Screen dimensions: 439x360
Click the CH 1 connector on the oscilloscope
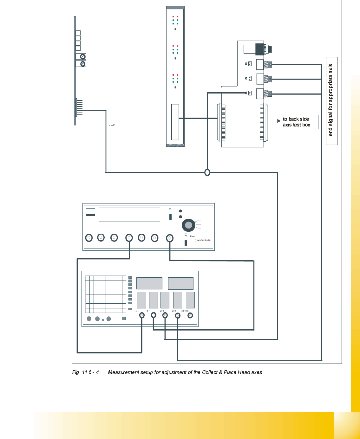[x=142, y=315]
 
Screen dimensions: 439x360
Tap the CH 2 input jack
[x=154, y=315]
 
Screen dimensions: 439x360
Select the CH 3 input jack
[x=165, y=315]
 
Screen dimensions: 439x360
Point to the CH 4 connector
[x=178, y=315]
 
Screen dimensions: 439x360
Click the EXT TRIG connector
[x=190, y=315]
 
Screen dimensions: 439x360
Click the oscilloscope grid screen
[x=106, y=294]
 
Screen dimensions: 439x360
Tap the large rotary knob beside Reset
[x=188, y=225]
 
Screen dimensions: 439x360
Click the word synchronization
[x=204, y=240]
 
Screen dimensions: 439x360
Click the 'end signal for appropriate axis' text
[x=331, y=100]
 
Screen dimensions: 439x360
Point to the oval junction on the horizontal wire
[x=207, y=172]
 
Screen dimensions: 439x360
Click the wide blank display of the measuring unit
[x=129, y=215]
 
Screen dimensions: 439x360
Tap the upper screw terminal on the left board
[x=82, y=56]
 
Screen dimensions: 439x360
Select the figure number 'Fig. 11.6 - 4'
[x=85, y=372]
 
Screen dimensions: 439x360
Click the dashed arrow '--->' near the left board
[x=112, y=125]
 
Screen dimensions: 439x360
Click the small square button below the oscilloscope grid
[x=124, y=318]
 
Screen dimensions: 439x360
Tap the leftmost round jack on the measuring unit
[x=89, y=238]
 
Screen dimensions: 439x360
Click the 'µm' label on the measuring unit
[x=170, y=209]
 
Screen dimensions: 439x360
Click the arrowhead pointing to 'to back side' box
[x=279, y=121]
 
